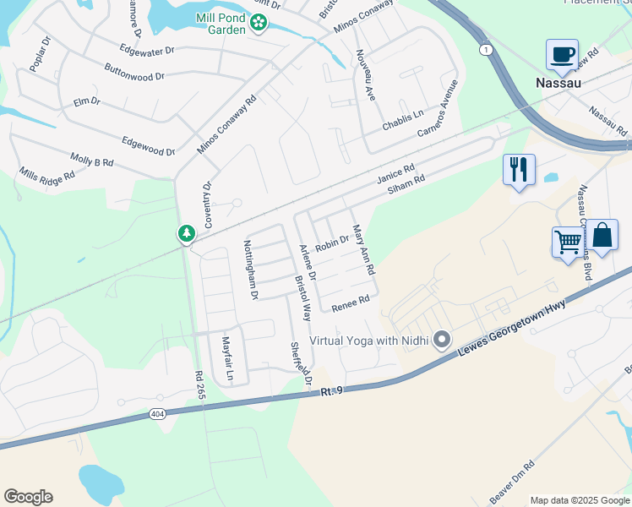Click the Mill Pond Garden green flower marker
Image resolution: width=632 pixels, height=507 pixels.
(259, 25)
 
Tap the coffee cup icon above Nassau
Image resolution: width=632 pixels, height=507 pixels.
(562, 55)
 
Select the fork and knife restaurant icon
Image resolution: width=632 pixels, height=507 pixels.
(519, 169)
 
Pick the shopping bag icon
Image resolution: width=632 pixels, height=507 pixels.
(602, 235)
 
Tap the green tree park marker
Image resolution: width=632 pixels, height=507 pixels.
(186, 233)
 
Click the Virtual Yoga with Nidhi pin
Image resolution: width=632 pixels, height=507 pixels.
(441, 341)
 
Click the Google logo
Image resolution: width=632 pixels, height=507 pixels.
(28, 497)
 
